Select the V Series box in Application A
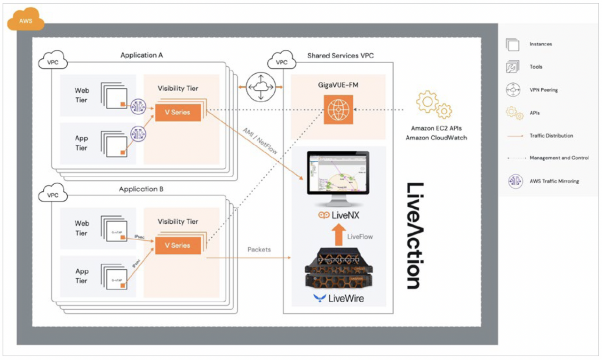pyautogui.click(x=177, y=112)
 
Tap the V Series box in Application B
pyautogui.click(x=177, y=245)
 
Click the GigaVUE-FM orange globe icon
pyautogui.click(x=338, y=110)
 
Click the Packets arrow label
pyautogui.click(x=259, y=250)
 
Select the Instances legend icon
pyautogui.click(x=512, y=44)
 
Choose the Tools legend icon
pyautogui.click(x=512, y=67)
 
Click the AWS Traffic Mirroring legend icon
pyautogui.click(x=515, y=181)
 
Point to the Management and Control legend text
pyautogui.click(x=559, y=158)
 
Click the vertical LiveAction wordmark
pyautogui.click(x=414, y=235)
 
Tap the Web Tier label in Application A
pyautogui.click(x=81, y=95)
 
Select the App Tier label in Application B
pyautogui.click(x=81, y=276)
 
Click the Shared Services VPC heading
pyautogui.click(x=340, y=55)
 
